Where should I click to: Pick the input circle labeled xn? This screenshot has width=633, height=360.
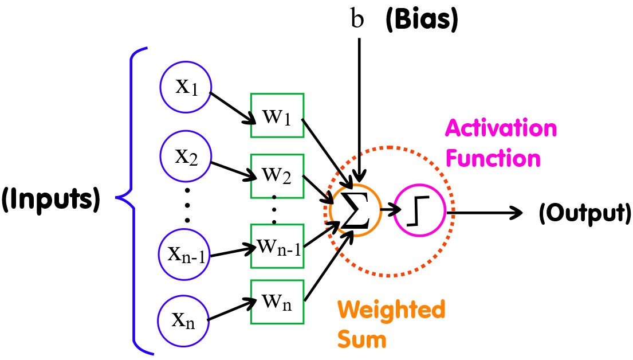[184, 319]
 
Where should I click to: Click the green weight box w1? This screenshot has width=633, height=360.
[277, 116]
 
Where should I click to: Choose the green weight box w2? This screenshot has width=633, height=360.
[277, 175]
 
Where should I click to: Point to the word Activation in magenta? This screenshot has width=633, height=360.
[501, 128]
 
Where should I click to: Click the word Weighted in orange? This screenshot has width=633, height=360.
[391, 310]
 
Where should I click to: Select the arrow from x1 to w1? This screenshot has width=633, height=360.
[232, 108]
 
